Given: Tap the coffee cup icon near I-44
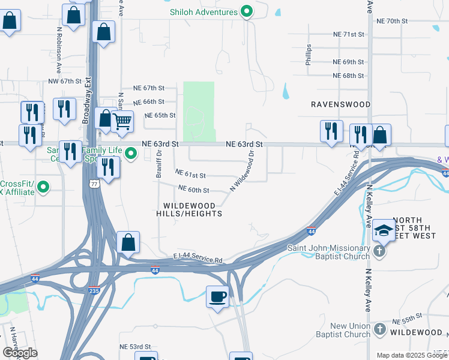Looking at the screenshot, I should [217, 296].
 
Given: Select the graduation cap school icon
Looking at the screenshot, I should [384, 230].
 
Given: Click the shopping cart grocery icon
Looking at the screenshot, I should [122, 121].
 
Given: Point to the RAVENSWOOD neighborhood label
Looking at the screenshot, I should [340, 104].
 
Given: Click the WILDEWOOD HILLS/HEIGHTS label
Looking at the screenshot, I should [189, 209].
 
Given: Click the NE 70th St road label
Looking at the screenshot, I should [392, 21].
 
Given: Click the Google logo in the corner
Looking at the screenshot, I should [20, 353].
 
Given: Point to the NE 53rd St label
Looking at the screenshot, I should [134, 347].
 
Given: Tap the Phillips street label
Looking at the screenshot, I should [309, 55].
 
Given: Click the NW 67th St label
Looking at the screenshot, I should [65, 81].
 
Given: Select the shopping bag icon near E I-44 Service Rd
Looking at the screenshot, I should [128, 242].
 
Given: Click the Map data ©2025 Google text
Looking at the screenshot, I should [412, 355].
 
